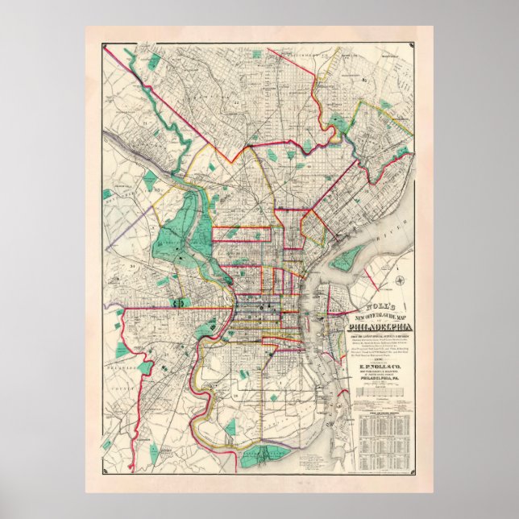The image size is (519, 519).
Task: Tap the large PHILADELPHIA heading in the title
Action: click(378, 327)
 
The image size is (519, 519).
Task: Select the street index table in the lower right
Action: click(383, 439)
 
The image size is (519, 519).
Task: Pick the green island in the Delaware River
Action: click(348, 258)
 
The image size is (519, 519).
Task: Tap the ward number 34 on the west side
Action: click(131, 264)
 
